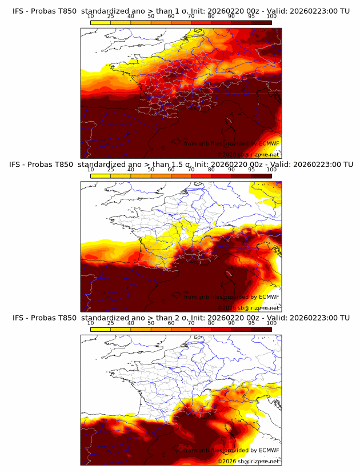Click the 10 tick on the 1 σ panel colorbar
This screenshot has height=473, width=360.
(x=91, y=16)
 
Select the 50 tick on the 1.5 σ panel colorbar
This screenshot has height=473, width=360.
(x=151, y=170)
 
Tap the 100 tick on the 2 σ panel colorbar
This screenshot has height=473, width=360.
(x=271, y=323)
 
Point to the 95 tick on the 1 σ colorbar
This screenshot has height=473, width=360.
(x=251, y=16)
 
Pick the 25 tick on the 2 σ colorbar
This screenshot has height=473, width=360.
(x=111, y=323)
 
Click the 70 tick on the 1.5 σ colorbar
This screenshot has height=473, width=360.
(x=191, y=170)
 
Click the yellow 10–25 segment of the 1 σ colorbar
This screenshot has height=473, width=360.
(x=101, y=22)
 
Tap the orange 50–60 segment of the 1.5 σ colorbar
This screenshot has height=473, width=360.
(x=161, y=176)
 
